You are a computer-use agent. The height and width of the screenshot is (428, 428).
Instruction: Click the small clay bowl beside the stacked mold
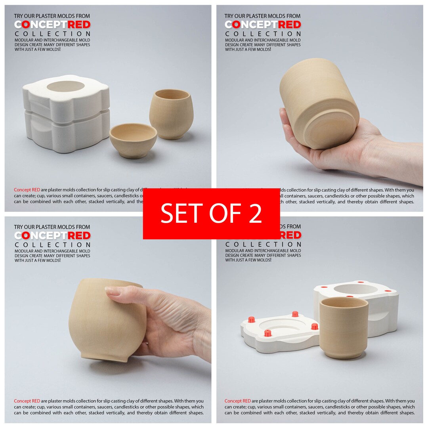pyautogui.click(x=133, y=140)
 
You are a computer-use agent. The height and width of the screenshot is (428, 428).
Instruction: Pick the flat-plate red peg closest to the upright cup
pyautogui.click(x=314, y=327)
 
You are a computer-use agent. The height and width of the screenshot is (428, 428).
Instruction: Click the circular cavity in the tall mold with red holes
pyautogui.click(x=355, y=289)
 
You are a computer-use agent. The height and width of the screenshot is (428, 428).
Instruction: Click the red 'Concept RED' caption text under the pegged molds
pyautogui.click(x=237, y=401)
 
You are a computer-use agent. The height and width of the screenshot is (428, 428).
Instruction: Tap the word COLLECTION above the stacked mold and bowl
pyautogui.click(x=53, y=34)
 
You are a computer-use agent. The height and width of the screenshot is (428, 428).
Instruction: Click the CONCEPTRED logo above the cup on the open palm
pyautogui.click(x=263, y=25)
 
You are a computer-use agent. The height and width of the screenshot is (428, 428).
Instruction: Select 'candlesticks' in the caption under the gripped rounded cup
pyautogui.click(x=128, y=407)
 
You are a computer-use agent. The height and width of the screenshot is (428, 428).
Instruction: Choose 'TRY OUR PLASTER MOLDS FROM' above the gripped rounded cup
pyautogui.click(x=52, y=227)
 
